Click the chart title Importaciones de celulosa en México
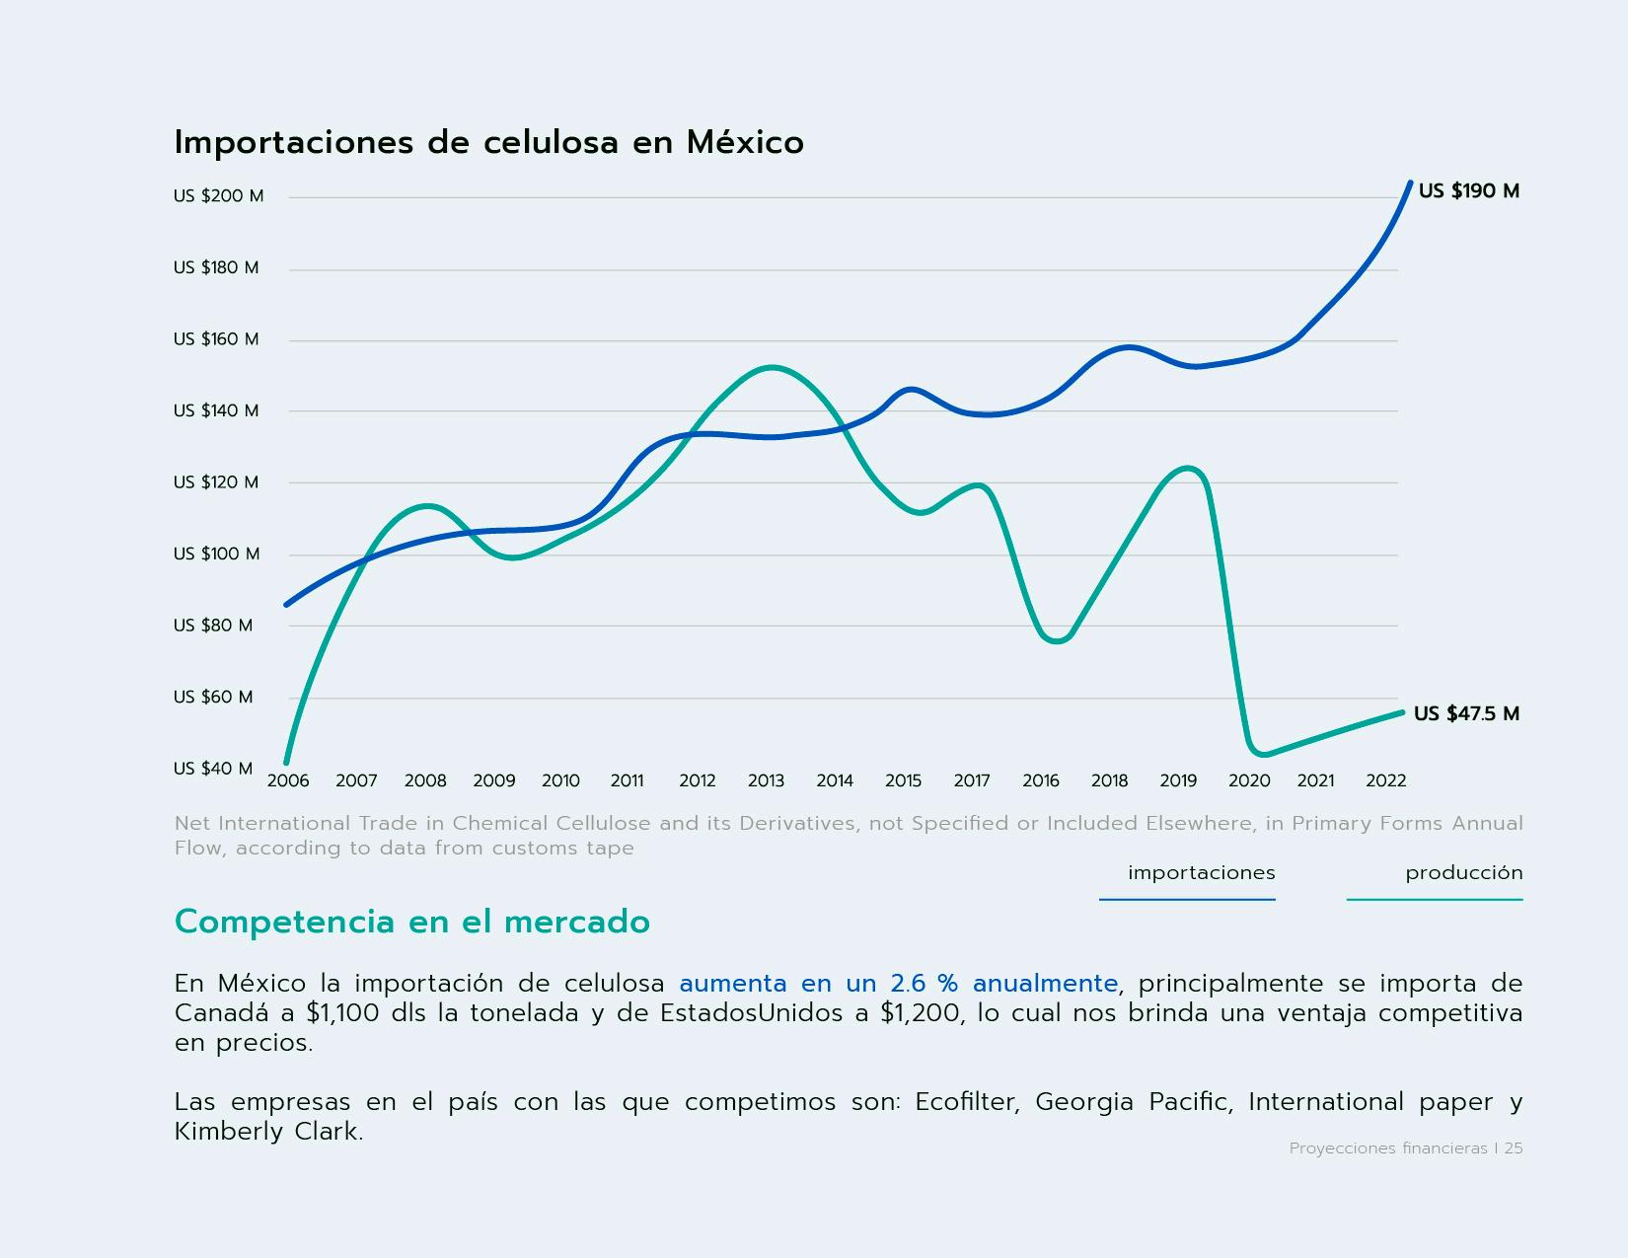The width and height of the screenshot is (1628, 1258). pos(488,143)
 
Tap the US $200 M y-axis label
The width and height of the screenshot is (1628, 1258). pos(218,196)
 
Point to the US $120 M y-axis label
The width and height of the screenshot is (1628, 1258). pos(215,482)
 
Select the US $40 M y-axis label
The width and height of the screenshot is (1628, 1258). pos(212,769)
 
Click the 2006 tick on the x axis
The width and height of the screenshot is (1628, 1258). pos(288,781)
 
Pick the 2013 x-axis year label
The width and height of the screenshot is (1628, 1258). pos(766,781)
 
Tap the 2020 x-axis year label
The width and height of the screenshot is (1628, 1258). pos(1249,781)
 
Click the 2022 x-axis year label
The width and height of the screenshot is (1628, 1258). pos(1385,781)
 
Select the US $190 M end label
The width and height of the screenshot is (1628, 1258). pos(1468,191)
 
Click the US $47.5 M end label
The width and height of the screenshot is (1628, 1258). pos(1466,714)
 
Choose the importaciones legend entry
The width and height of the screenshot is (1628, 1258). pos(1201,873)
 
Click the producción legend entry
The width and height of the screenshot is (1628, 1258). pos(1463,873)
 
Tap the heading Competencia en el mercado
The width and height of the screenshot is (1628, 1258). pos(411,922)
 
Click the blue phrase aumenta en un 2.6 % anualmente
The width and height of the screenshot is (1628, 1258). pos(898,984)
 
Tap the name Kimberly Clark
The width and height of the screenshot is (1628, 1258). pos(268,1132)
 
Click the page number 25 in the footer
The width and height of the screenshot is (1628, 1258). pos(1513,1148)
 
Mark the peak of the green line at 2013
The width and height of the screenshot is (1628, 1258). pos(770,368)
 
